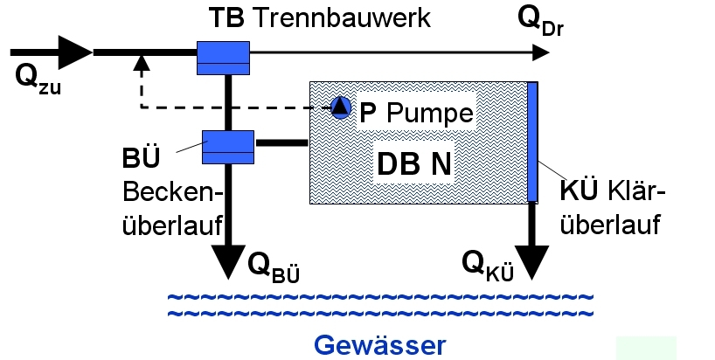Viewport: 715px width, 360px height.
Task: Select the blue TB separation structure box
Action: coord(223,58)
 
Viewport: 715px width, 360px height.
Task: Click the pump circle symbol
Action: coord(340,107)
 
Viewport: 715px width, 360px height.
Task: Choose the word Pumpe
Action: coord(430,114)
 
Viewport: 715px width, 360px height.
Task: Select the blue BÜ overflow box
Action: coord(227,146)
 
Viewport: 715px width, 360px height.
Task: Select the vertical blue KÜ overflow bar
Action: coord(532,141)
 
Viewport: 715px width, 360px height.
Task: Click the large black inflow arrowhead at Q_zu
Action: coord(75,52)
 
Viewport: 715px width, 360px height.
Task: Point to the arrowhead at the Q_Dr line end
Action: coord(539,52)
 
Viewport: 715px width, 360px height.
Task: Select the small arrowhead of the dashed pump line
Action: coord(139,62)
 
